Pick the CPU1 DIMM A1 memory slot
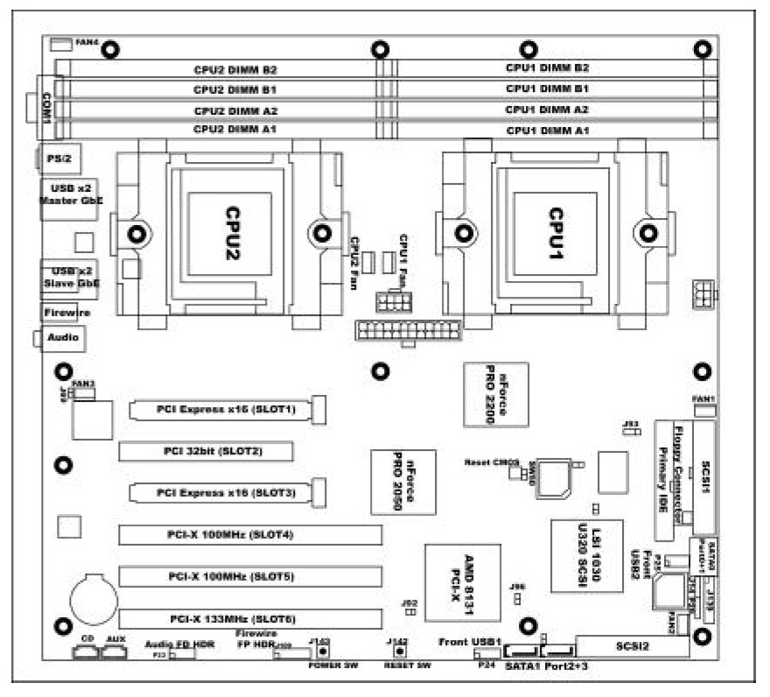tap(547, 130)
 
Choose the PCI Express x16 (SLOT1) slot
tap(227, 409)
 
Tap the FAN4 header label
tap(86, 42)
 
